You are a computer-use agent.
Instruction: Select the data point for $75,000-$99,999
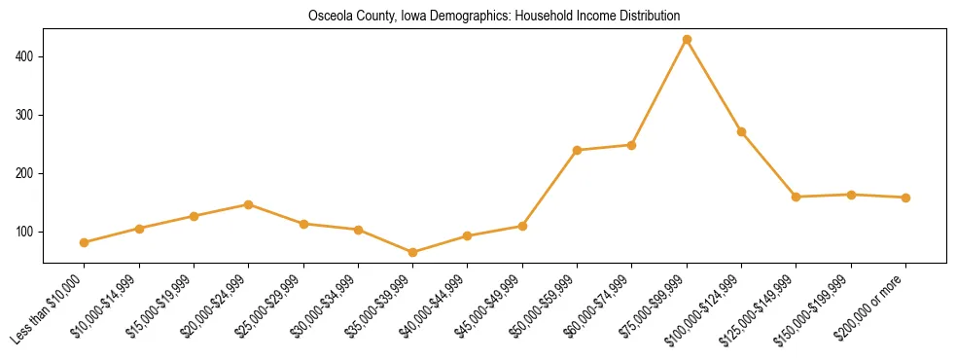click(687, 40)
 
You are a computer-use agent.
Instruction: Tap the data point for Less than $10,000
click(85, 242)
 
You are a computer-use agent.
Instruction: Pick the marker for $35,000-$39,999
click(412, 252)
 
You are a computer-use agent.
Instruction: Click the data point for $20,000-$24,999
click(249, 204)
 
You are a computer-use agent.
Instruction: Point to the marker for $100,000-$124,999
click(741, 131)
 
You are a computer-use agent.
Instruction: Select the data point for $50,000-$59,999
click(577, 150)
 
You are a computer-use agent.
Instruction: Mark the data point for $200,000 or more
click(905, 198)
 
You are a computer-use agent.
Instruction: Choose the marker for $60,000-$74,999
click(631, 145)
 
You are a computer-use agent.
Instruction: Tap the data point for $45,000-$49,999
click(522, 226)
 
